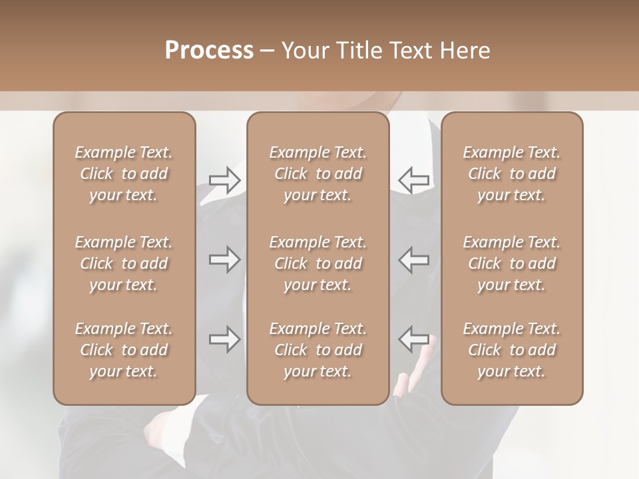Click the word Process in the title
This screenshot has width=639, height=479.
click(209, 51)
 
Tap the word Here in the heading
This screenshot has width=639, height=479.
click(463, 51)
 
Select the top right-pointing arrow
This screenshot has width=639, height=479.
click(224, 180)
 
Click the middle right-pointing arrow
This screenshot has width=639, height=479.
click(224, 259)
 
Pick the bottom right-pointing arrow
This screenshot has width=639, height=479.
click(224, 339)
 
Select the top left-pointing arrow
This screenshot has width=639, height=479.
click(414, 180)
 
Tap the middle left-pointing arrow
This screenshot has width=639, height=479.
click(414, 259)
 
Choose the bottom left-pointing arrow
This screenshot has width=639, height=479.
click(414, 339)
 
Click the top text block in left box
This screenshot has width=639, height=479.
click(124, 174)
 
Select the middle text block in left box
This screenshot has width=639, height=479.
click(124, 263)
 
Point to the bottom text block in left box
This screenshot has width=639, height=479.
click(124, 350)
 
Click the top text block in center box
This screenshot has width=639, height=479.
click(318, 174)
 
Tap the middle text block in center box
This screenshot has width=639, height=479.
click(318, 263)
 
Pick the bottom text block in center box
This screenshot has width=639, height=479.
click(318, 350)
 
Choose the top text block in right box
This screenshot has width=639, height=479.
click(511, 174)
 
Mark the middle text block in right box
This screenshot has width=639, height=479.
click(511, 263)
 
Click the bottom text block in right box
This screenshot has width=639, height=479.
click(511, 350)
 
